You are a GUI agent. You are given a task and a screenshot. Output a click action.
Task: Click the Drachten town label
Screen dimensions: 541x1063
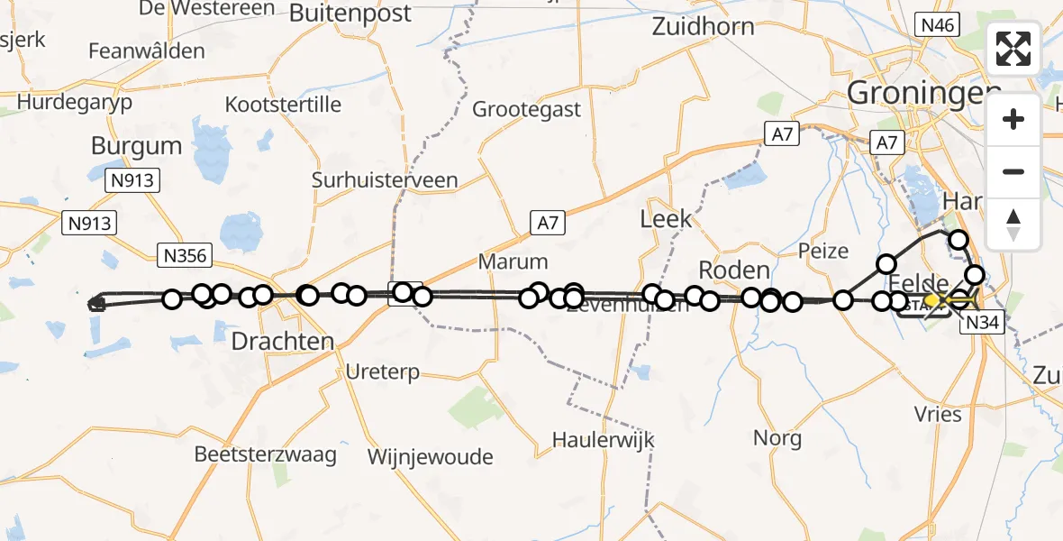(x=283, y=342)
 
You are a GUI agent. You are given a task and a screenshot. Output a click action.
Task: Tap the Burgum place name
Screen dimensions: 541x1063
(x=136, y=146)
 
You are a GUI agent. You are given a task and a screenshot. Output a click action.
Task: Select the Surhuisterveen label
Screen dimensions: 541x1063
(x=385, y=180)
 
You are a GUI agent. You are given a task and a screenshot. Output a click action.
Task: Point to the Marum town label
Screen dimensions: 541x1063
(x=513, y=262)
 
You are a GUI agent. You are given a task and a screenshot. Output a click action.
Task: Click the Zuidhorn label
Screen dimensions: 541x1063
(x=703, y=26)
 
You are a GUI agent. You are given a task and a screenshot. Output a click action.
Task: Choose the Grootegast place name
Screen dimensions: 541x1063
(x=527, y=110)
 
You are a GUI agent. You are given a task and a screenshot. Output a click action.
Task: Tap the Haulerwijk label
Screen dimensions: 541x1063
(x=603, y=441)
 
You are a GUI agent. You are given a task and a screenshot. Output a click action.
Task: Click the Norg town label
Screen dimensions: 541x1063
(x=777, y=439)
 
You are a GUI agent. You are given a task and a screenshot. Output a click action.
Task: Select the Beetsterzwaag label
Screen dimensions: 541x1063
(x=266, y=454)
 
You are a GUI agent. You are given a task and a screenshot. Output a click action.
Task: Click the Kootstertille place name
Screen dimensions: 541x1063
(x=283, y=105)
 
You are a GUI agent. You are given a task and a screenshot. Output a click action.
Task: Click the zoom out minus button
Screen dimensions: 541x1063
(x=1013, y=171)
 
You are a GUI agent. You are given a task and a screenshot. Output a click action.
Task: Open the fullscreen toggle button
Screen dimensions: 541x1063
(x=1013, y=49)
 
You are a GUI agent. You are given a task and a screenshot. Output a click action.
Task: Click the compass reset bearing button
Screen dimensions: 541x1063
(x=1013, y=223)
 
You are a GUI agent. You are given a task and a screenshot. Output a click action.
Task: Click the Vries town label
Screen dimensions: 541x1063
(x=938, y=416)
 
